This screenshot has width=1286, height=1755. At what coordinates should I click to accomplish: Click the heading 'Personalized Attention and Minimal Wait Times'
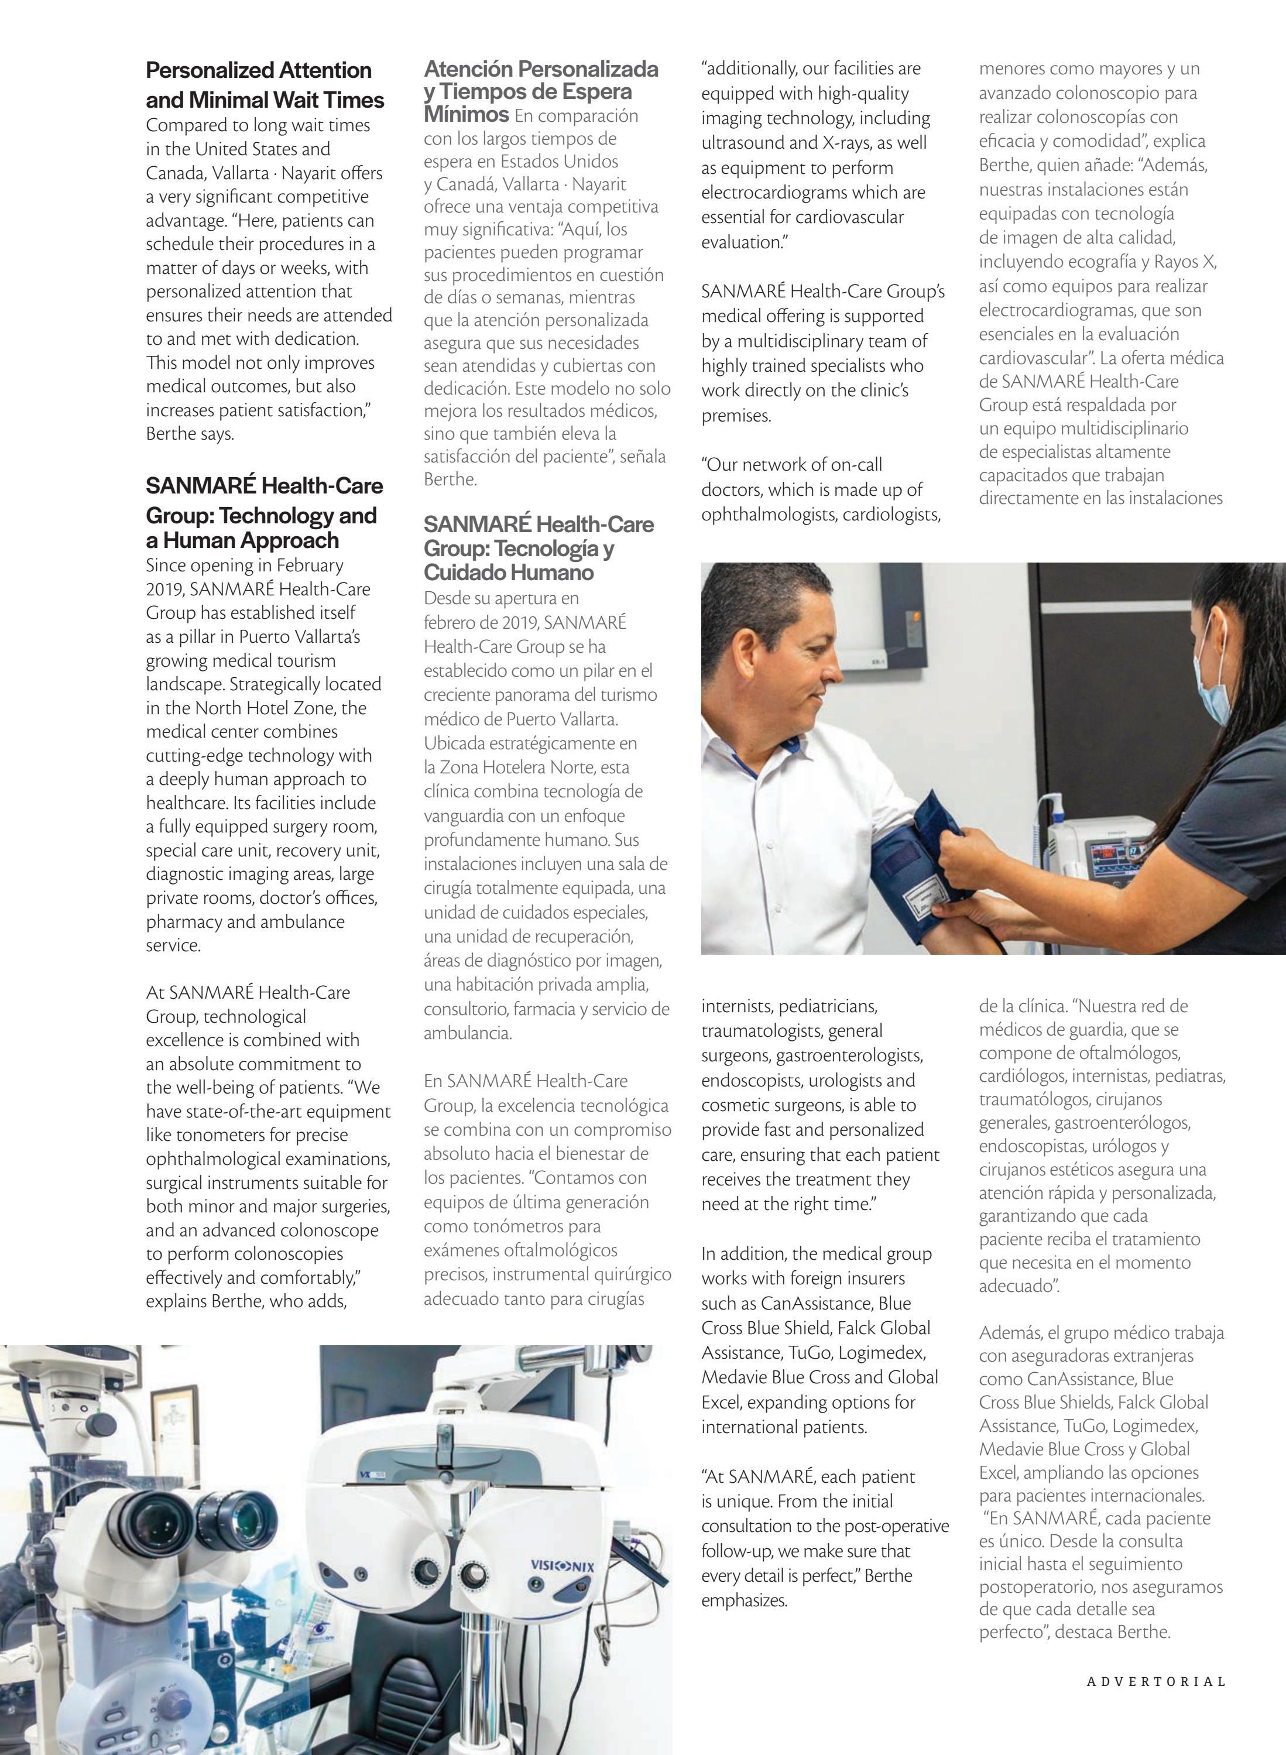[x=265, y=85]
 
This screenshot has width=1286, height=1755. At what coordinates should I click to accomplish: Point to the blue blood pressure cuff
[x=915, y=863]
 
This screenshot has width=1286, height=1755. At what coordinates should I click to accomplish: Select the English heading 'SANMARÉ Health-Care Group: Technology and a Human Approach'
[x=264, y=513]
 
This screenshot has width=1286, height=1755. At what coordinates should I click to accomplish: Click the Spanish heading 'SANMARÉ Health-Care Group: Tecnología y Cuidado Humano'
[x=538, y=548]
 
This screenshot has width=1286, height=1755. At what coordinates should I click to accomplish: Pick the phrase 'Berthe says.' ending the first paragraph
[x=190, y=434]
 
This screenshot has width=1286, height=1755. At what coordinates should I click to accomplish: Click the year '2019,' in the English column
[x=165, y=589]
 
